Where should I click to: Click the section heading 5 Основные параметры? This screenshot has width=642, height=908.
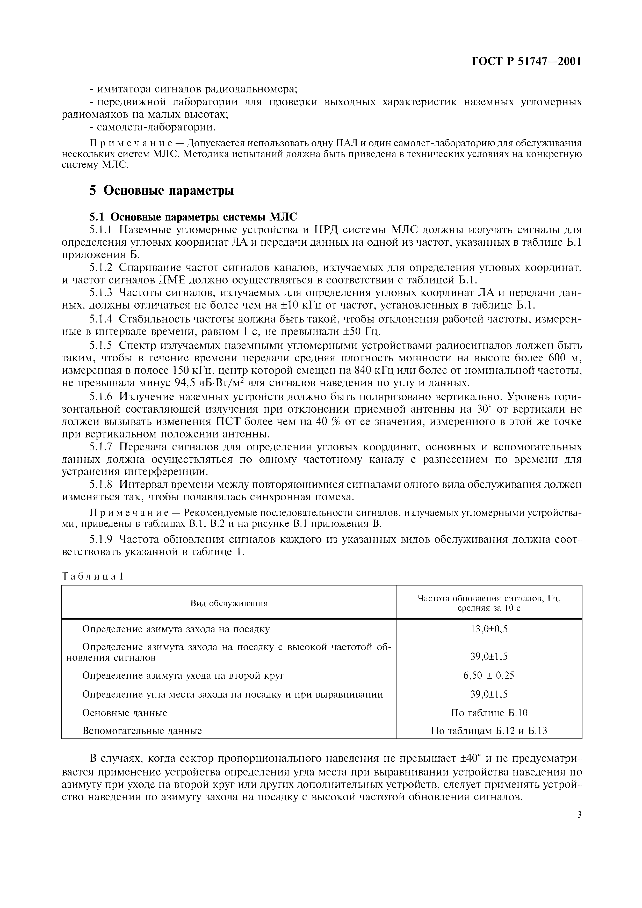coord(161,191)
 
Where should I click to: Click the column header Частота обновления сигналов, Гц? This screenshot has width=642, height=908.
coord(489,598)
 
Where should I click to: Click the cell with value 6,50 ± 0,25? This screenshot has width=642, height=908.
coord(489,675)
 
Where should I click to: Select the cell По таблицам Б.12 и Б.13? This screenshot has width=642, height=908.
coord(489,731)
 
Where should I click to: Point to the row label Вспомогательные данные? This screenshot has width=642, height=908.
coord(142,731)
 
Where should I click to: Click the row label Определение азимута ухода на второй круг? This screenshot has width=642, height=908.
coord(183,675)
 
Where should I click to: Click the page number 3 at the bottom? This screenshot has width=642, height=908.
coord(579,815)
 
